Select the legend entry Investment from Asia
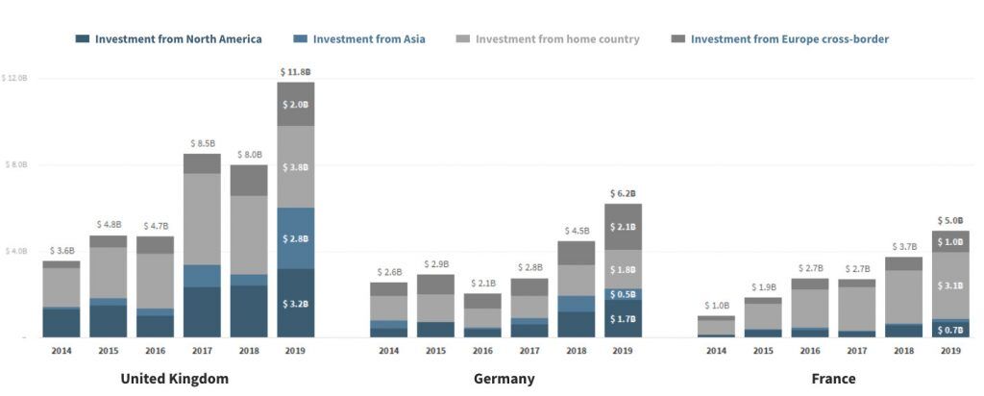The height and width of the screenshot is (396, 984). (369, 39)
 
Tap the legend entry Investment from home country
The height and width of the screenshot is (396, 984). (557, 39)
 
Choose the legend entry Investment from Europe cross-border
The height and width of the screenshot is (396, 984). (789, 39)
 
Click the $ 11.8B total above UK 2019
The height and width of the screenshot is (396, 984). (296, 72)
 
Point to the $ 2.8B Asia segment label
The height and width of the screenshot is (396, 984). (296, 237)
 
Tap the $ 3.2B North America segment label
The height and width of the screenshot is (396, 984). (296, 304)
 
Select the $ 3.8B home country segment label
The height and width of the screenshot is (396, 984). (296, 167)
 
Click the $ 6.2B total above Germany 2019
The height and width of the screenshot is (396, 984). (623, 193)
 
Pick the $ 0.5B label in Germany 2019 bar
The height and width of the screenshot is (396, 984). (623, 295)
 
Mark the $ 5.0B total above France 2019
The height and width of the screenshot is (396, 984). (950, 220)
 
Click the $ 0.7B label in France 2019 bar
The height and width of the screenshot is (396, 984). (950, 330)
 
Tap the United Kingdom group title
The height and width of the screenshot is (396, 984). (175, 379)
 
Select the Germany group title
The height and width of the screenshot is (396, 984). (504, 379)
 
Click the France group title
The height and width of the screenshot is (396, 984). (833, 379)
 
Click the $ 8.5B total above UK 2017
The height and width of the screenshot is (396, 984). (202, 142)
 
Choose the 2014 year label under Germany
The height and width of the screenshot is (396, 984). (388, 351)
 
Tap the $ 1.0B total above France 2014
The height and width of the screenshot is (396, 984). (716, 306)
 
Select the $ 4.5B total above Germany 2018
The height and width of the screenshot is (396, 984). (577, 231)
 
